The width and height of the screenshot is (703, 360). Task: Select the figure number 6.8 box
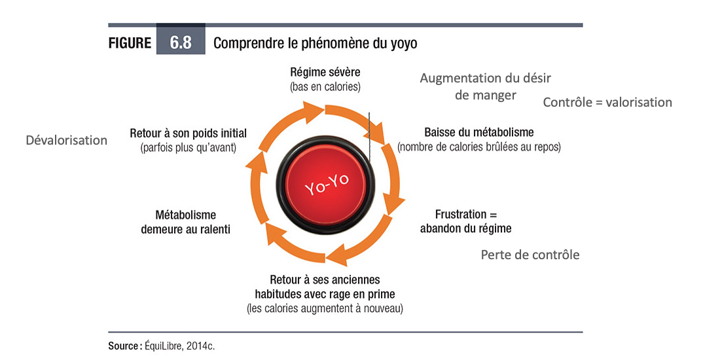pyautogui.click(x=181, y=43)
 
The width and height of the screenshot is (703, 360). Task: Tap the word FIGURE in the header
pyautogui.click(x=130, y=43)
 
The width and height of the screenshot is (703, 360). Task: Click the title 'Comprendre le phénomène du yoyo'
pyautogui.click(x=315, y=43)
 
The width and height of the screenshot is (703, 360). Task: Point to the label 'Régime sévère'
pyautogui.click(x=325, y=72)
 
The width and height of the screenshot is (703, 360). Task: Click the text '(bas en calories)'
pyautogui.click(x=325, y=86)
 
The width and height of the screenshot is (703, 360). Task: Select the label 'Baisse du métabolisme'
pyautogui.click(x=479, y=132)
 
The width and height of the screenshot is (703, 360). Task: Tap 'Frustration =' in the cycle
pyautogui.click(x=466, y=214)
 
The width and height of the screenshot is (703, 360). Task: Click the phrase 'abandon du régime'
pyautogui.click(x=465, y=228)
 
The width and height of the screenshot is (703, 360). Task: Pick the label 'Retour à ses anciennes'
pyautogui.click(x=325, y=279)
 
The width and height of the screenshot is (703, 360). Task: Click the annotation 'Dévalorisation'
pyautogui.click(x=66, y=140)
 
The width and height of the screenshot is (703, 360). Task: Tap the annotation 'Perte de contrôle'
pyautogui.click(x=530, y=255)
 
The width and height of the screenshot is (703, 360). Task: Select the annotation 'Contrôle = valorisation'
pyautogui.click(x=607, y=102)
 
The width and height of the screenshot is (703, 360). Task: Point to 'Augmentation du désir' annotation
pyautogui.click(x=485, y=79)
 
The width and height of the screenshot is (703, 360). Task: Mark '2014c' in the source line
pyautogui.click(x=200, y=346)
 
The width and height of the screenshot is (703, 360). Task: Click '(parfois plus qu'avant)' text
pyautogui.click(x=189, y=149)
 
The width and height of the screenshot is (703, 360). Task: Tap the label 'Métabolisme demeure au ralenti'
pyautogui.click(x=186, y=222)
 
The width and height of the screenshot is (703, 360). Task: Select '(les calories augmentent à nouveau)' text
pyautogui.click(x=325, y=308)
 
